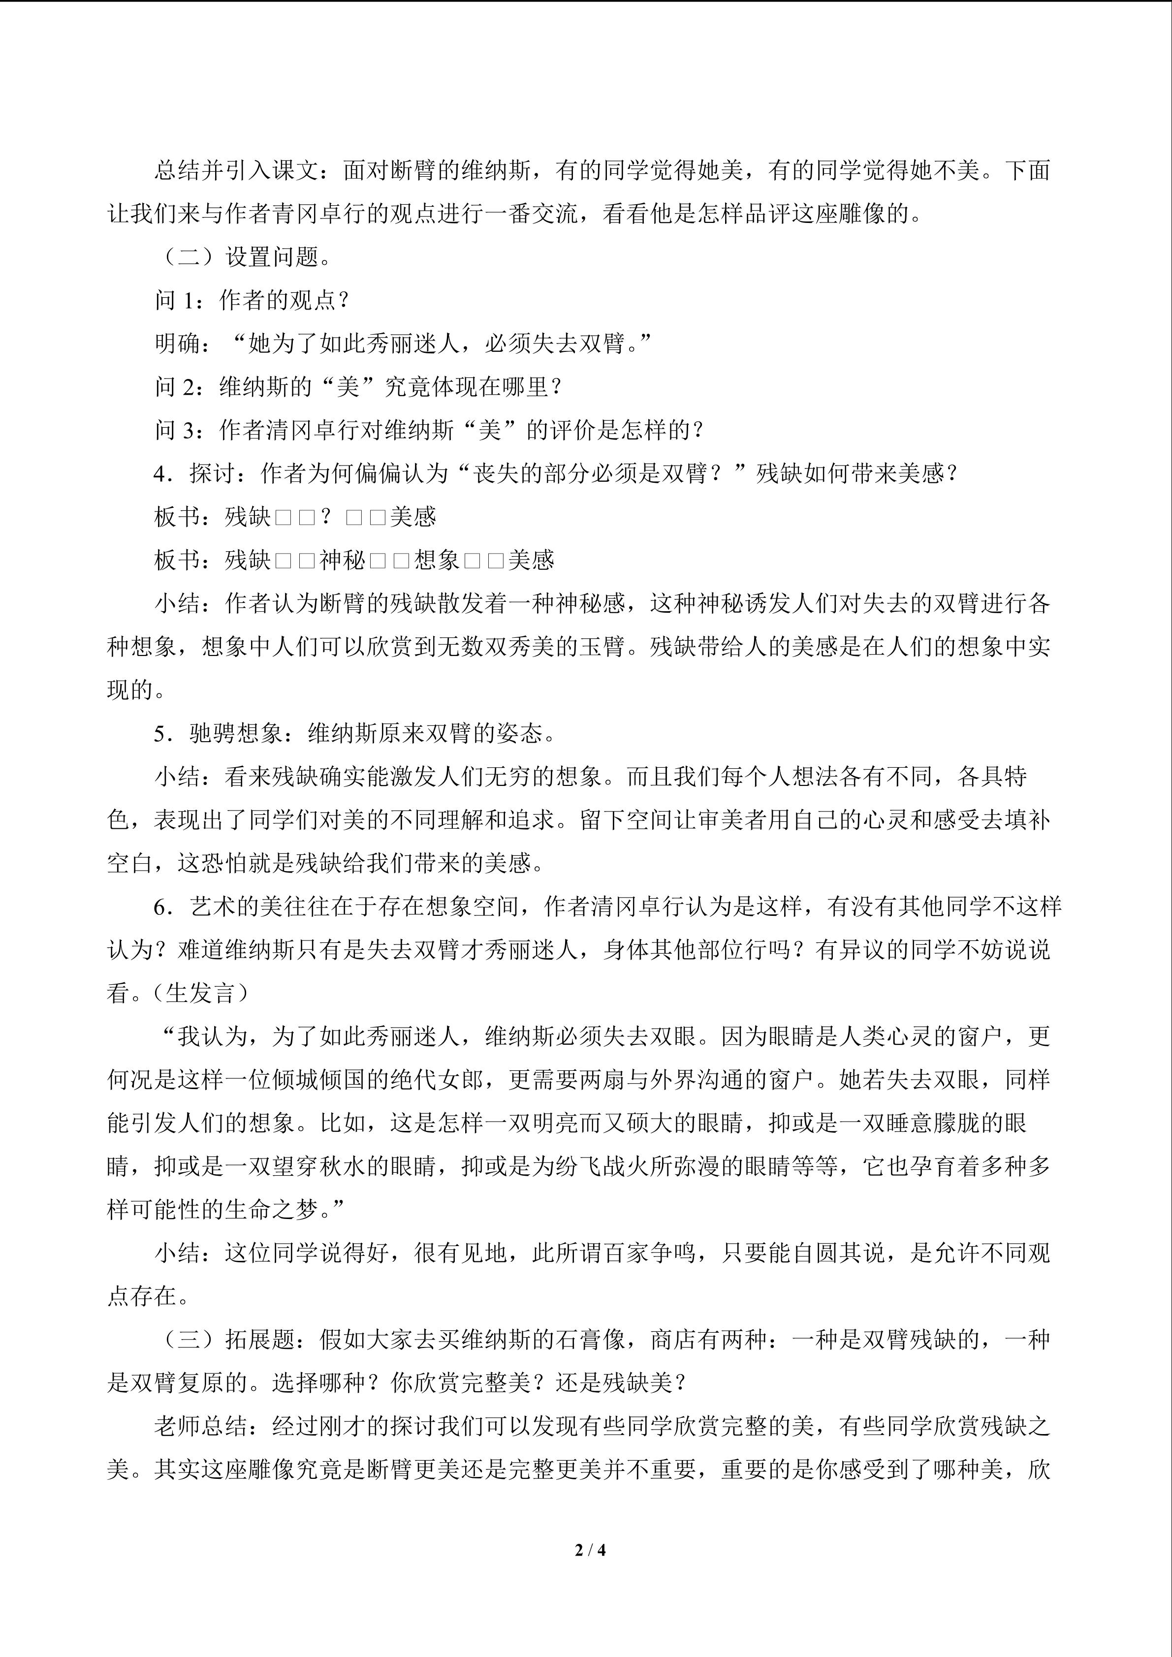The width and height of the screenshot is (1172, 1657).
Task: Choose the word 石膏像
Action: pyautogui.click(x=590, y=1340)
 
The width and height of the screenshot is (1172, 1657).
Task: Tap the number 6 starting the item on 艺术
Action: pyautogui.click(x=159, y=907)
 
